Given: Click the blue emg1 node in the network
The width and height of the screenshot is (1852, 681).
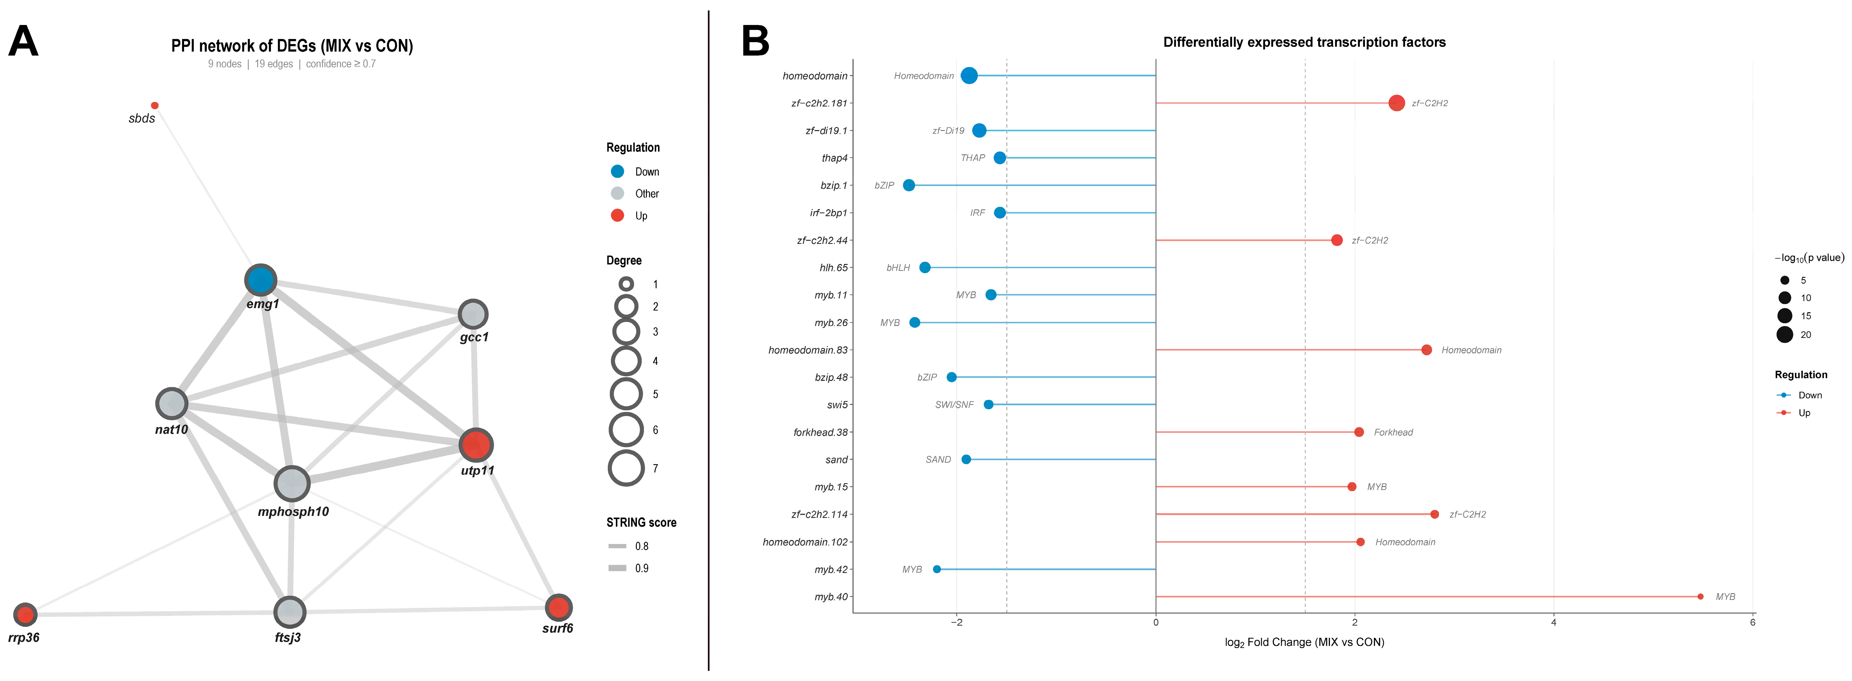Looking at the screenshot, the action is pyautogui.click(x=260, y=280).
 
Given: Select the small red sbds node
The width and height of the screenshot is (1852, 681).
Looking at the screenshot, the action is pyautogui.click(x=155, y=106).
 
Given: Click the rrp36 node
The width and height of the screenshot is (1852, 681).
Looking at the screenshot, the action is pyautogui.click(x=25, y=614).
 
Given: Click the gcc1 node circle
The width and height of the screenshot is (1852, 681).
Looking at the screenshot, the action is pyautogui.click(x=473, y=314).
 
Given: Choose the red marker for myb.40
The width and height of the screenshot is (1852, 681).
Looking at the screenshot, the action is pyautogui.click(x=1700, y=597).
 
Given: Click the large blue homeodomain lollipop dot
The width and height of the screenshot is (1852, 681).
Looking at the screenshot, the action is pyautogui.click(x=969, y=75).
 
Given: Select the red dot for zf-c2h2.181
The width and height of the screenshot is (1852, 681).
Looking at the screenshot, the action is pyautogui.click(x=1396, y=103).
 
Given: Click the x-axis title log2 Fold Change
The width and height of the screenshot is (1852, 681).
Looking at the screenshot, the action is pyautogui.click(x=1304, y=642).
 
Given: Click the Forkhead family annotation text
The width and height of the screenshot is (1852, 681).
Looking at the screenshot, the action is pyautogui.click(x=1393, y=432).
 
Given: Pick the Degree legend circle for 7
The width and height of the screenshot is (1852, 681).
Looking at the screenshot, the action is pyautogui.click(x=626, y=468).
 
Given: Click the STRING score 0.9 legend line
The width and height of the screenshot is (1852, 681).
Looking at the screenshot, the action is pyautogui.click(x=618, y=568).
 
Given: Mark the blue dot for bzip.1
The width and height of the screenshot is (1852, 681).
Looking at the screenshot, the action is pyautogui.click(x=909, y=186).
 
